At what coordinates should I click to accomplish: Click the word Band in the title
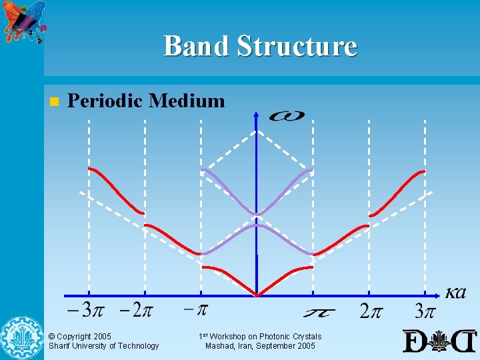[194, 46]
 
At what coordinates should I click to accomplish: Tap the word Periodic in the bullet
[106, 101]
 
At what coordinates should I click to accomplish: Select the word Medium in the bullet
[187, 101]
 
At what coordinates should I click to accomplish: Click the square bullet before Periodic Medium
[54, 102]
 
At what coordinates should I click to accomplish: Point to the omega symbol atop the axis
[287, 116]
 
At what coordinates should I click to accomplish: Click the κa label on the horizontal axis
[456, 293]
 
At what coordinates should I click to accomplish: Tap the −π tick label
[196, 310]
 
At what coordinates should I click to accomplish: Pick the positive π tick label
[319, 312]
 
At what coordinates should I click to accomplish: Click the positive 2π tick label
[372, 311]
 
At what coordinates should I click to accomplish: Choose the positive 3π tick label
[425, 311]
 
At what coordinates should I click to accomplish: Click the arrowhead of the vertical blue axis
[257, 115]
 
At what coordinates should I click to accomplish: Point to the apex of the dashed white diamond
[257, 131]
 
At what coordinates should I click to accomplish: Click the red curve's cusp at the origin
[257, 295]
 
